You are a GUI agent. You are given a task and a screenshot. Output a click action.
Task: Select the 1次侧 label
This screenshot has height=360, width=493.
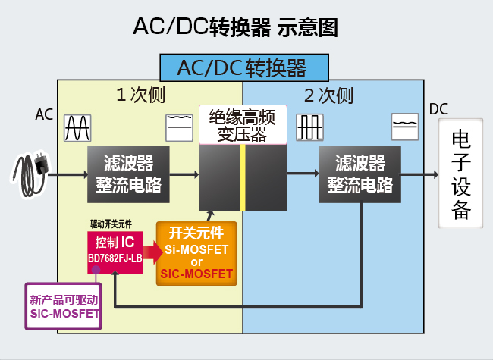[140, 95]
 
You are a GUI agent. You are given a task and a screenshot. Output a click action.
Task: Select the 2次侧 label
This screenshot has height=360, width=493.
[328, 95]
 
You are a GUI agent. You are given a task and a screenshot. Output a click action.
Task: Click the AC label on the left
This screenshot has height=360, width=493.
[44, 114]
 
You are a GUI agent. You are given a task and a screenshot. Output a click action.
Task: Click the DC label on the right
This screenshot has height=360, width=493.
[439, 110]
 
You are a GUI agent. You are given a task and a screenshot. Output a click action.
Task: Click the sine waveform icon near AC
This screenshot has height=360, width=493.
[78, 127]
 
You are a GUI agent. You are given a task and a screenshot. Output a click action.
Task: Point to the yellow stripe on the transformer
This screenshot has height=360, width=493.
[242, 177]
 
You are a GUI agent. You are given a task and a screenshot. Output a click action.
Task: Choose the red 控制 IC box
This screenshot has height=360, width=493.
[115, 251]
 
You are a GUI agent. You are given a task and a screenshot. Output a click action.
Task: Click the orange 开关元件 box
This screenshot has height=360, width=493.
[197, 253]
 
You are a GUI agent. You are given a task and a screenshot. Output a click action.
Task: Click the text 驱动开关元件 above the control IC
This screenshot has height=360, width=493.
[110, 225]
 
